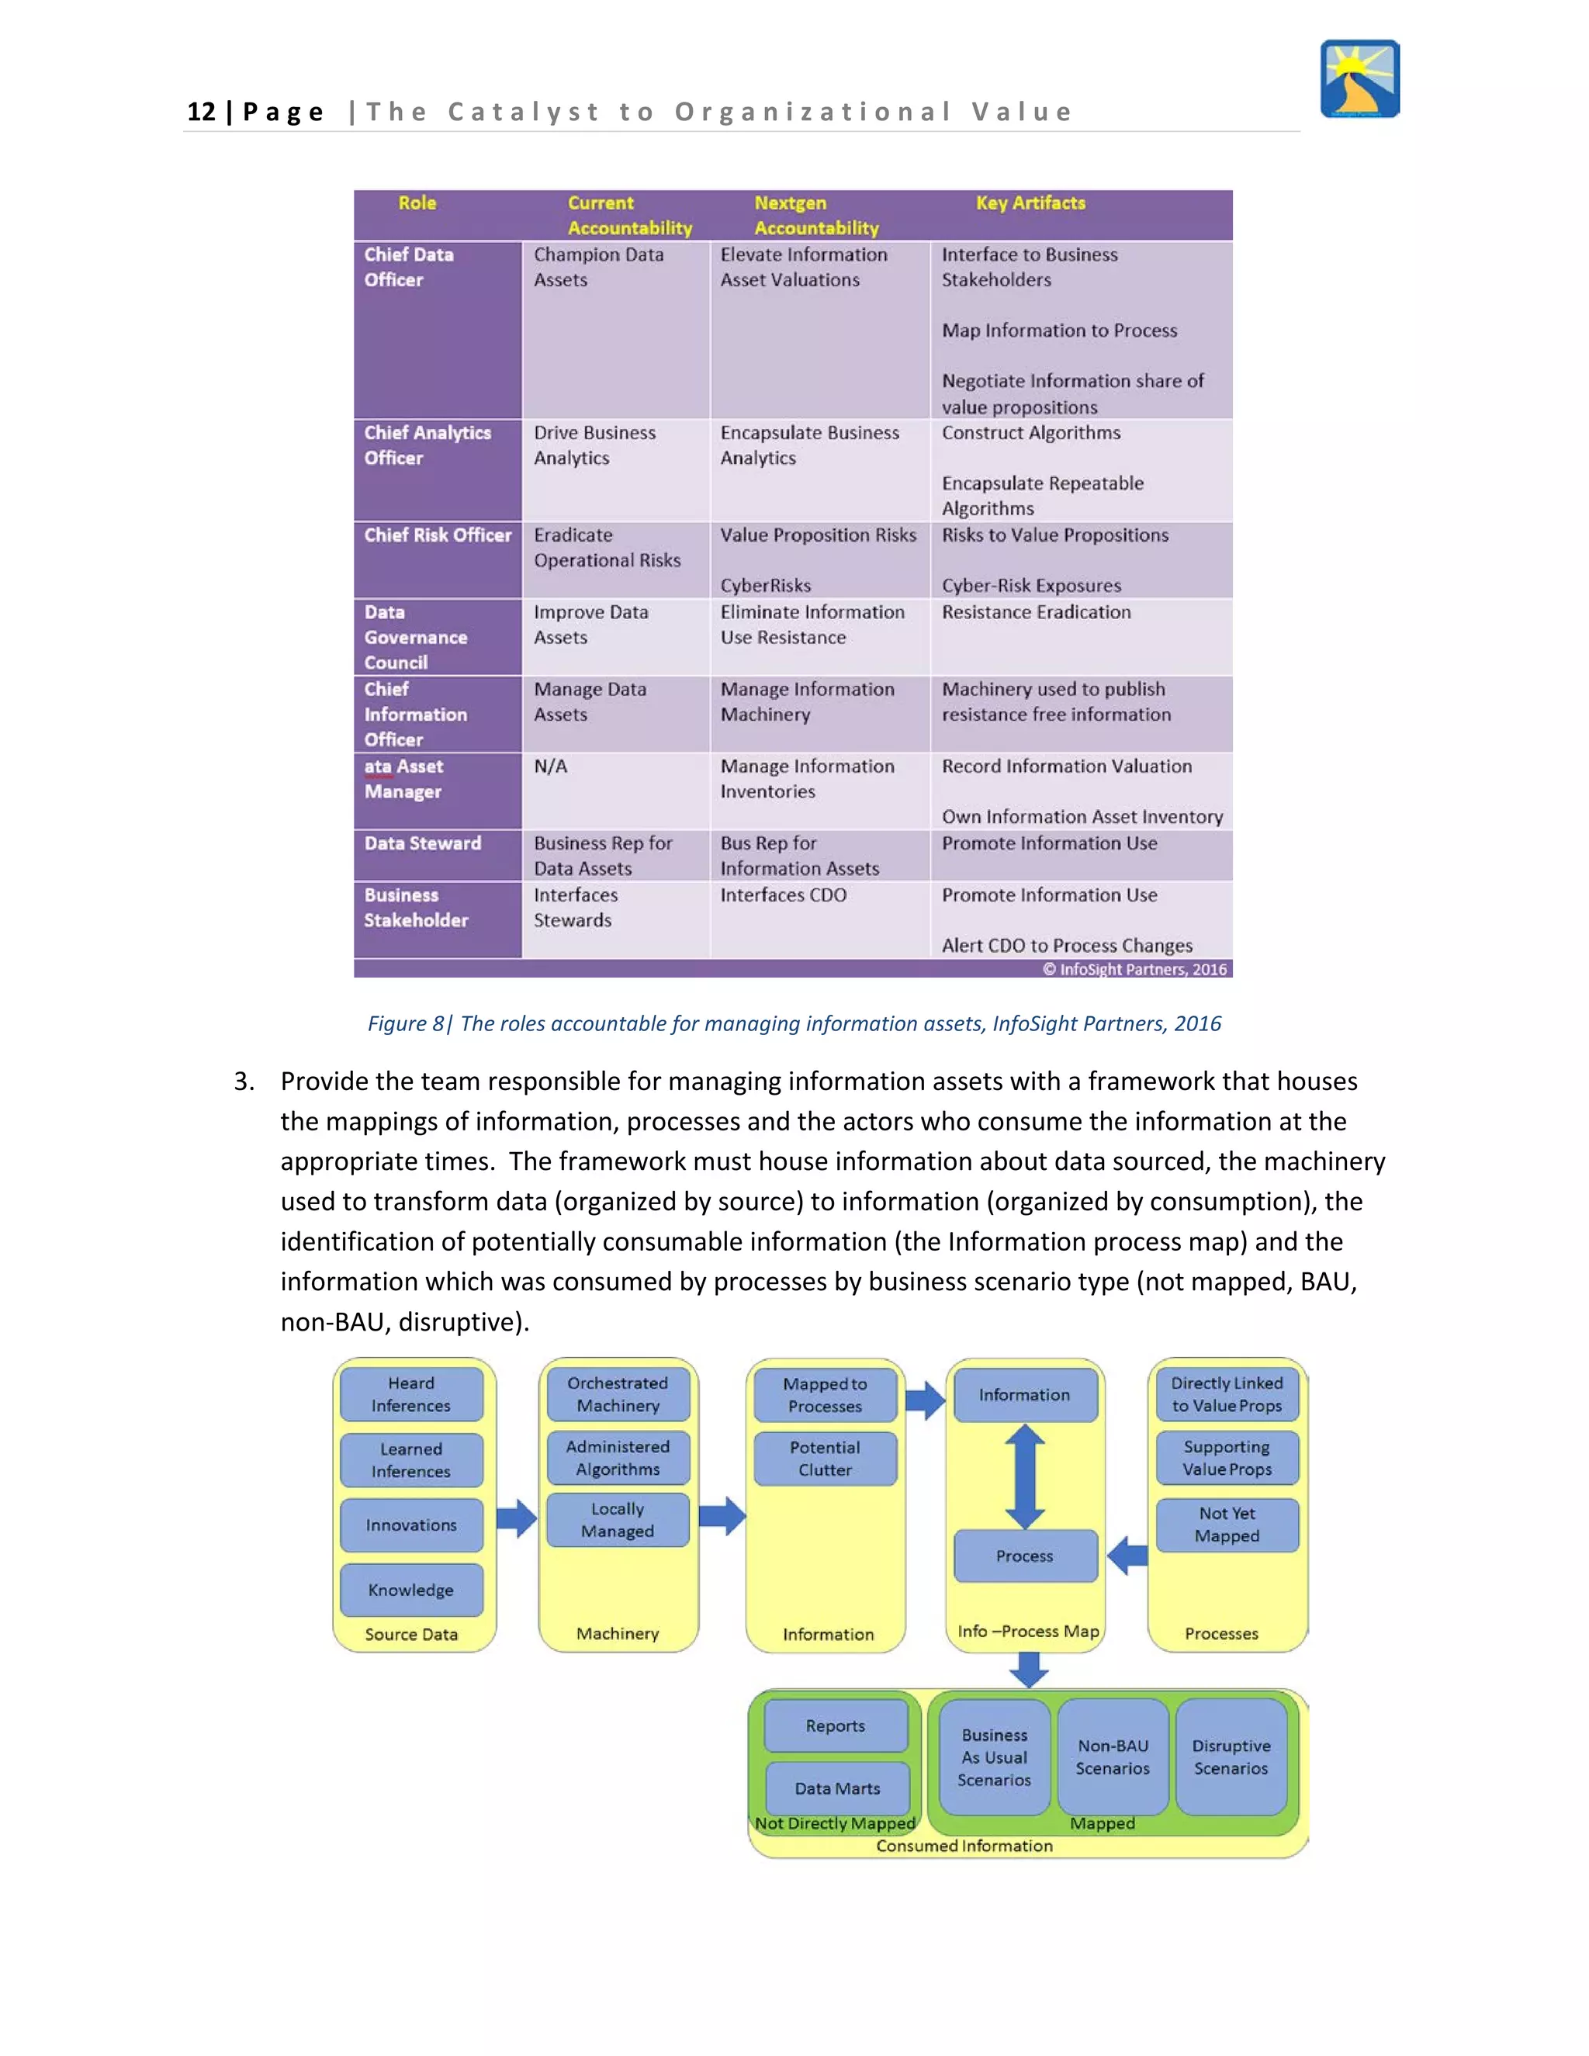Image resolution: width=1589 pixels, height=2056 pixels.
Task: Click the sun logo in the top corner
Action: pos(1359,79)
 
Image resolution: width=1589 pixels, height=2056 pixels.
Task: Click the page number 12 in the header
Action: pos(202,112)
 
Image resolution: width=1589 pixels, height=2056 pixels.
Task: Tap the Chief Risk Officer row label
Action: pos(438,535)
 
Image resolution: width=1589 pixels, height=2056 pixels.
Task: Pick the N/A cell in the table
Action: pos(551,767)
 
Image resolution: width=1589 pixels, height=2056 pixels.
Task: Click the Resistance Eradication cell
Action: pos(1037,613)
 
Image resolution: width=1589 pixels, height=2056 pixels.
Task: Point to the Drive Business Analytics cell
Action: pos(595,445)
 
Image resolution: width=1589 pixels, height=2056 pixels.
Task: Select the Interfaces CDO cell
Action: pos(783,895)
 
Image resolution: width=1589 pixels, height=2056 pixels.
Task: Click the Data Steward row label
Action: pos(423,843)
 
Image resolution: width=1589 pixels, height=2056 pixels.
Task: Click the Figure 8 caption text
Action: pos(794,1023)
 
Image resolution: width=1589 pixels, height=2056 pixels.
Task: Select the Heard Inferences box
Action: pos(411,1394)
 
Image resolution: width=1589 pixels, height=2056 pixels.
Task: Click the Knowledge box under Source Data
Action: pos(411,1590)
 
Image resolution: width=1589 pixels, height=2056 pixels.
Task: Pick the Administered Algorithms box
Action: pos(618,1457)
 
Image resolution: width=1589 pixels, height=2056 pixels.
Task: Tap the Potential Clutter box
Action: pos(826,1459)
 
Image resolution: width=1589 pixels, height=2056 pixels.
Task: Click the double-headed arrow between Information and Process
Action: pos(1025,1476)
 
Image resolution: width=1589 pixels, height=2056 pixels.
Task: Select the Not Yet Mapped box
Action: pos(1227,1524)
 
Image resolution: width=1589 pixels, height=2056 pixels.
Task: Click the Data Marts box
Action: pos(837,1788)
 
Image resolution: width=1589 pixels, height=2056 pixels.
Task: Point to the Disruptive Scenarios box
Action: pos(1231,1757)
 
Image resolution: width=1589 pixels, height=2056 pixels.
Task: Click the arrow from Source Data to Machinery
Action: pos(516,1518)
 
